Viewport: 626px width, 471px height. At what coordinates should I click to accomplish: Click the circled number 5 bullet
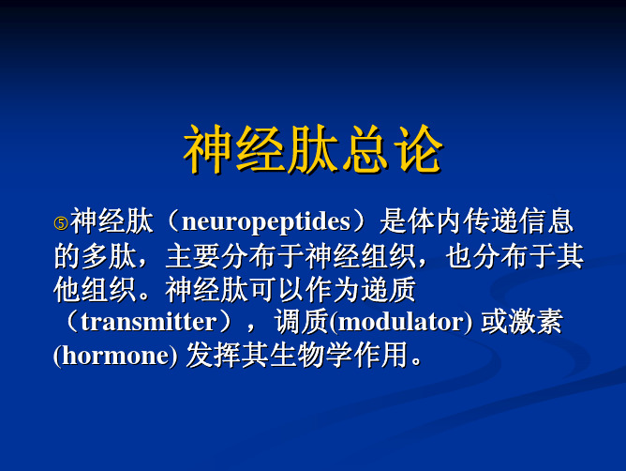tap(61, 223)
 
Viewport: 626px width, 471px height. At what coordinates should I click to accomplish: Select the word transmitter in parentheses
tap(148, 322)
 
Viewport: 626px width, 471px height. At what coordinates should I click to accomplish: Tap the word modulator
tap(400, 322)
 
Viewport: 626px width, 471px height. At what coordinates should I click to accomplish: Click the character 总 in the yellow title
tap(365, 149)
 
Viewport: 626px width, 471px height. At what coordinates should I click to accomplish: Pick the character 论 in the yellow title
tap(418, 149)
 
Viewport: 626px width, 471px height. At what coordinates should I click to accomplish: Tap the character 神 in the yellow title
tap(208, 149)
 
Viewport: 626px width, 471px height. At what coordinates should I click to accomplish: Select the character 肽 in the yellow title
tap(313, 149)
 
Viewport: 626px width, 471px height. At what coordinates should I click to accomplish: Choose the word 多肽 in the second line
tap(109, 256)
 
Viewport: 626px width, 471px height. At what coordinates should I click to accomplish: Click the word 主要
tap(192, 256)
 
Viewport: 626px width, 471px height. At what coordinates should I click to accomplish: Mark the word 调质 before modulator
tap(302, 322)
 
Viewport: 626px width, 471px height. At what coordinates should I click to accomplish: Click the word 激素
tap(535, 322)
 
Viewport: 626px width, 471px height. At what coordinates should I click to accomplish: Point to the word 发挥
tap(214, 355)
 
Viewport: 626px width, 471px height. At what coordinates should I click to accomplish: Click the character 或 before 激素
tap(494, 322)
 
